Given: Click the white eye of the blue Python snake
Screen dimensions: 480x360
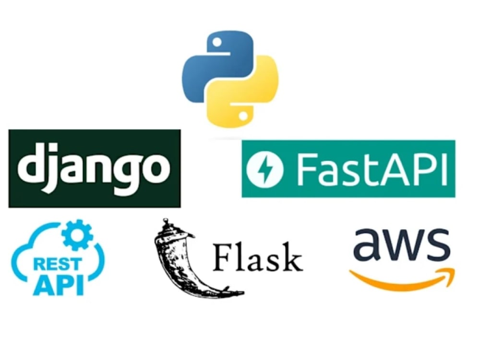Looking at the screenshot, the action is tap(217, 42).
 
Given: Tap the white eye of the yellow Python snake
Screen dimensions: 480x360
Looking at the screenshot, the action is tap(243, 116).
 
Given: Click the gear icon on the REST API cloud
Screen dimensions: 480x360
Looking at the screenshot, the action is tap(77, 235).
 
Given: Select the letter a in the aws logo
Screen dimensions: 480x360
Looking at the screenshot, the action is tap(368, 244).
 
